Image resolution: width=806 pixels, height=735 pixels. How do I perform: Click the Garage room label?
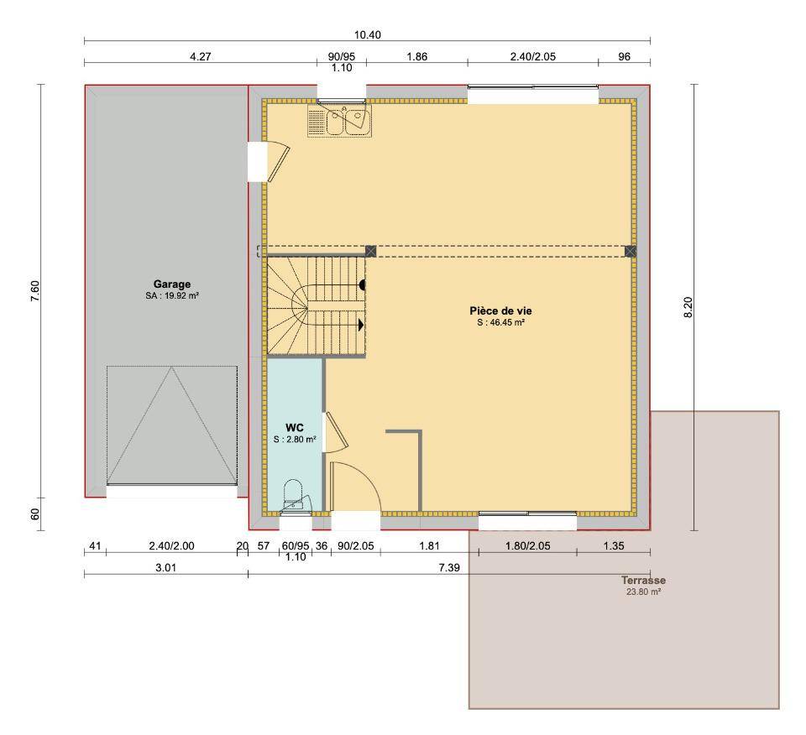click(x=171, y=284)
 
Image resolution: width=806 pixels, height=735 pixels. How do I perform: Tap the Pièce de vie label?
click(x=500, y=310)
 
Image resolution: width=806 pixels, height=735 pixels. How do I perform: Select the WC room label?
click(x=295, y=427)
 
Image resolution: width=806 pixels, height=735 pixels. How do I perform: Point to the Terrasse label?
click(x=644, y=581)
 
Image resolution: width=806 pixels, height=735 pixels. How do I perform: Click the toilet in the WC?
click(x=294, y=495)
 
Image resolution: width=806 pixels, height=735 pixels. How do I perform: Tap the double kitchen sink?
click(x=340, y=121)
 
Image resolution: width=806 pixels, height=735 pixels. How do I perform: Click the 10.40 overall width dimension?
click(x=368, y=35)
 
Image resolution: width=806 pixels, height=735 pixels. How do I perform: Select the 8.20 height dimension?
click(x=688, y=307)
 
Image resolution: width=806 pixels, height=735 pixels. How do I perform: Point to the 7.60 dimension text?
click(x=35, y=290)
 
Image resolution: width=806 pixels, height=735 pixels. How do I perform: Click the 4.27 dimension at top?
click(x=201, y=56)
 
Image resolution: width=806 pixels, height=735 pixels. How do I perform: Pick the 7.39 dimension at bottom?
click(x=449, y=567)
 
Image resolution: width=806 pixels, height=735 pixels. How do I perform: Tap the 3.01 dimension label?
click(x=166, y=567)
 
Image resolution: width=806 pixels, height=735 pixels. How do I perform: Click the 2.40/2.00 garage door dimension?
click(x=171, y=546)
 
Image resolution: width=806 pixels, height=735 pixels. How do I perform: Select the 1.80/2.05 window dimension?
click(x=528, y=546)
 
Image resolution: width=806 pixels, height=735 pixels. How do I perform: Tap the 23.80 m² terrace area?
click(x=644, y=592)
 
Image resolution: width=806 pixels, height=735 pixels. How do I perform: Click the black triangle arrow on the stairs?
click(x=361, y=325)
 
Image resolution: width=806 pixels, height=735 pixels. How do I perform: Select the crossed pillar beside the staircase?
click(x=370, y=251)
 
